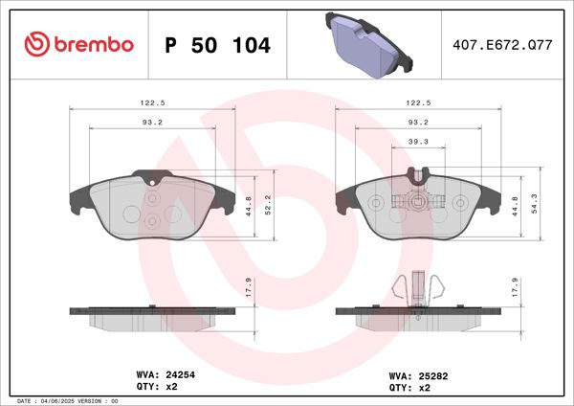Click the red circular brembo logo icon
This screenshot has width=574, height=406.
pyautogui.click(x=36, y=45)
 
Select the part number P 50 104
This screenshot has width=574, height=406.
pyautogui.click(x=217, y=45)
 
